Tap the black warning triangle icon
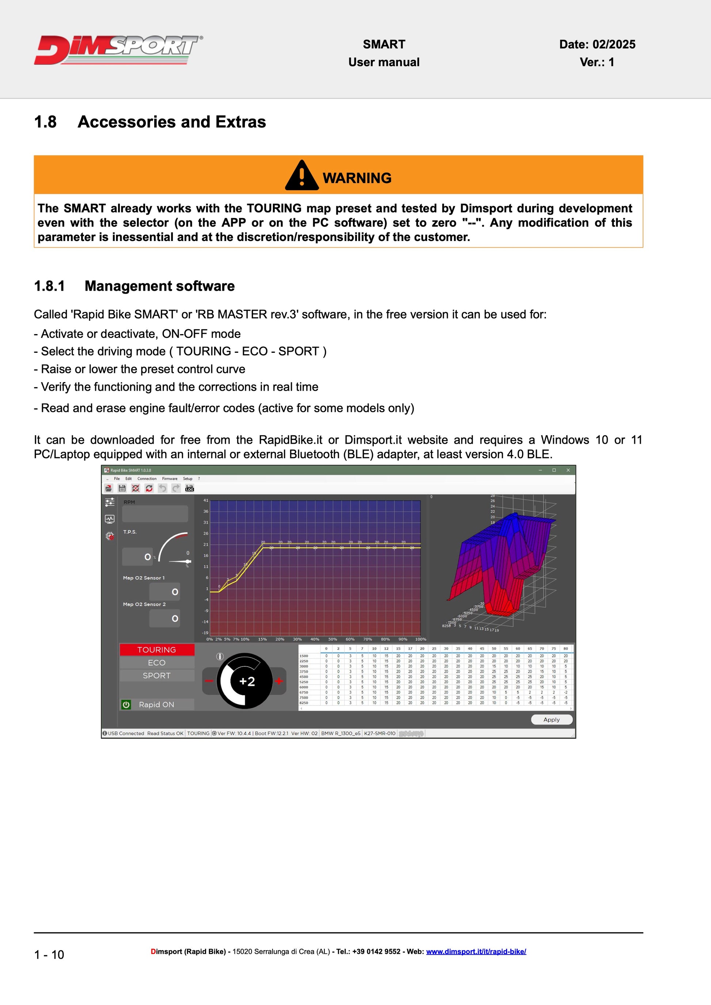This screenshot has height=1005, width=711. (x=302, y=176)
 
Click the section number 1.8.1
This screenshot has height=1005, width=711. (x=49, y=286)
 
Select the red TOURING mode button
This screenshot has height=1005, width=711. (x=157, y=650)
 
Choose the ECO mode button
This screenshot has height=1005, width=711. (x=157, y=663)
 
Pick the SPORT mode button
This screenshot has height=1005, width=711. (x=157, y=675)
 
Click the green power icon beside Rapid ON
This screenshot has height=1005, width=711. (x=126, y=704)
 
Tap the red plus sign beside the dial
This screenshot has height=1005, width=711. (x=279, y=681)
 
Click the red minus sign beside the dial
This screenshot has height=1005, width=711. (x=209, y=681)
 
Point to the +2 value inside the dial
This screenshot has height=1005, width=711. (x=247, y=681)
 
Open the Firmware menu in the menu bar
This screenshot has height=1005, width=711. (x=170, y=478)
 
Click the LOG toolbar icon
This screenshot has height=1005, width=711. (x=190, y=488)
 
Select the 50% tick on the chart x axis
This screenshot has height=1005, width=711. (x=333, y=639)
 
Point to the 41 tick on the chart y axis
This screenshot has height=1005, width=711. (x=206, y=500)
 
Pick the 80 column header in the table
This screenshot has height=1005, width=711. (x=566, y=649)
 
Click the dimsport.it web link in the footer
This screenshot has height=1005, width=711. (x=476, y=951)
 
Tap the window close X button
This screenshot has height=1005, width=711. (x=568, y=470)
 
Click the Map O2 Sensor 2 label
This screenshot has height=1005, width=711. (x=144, y=604)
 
